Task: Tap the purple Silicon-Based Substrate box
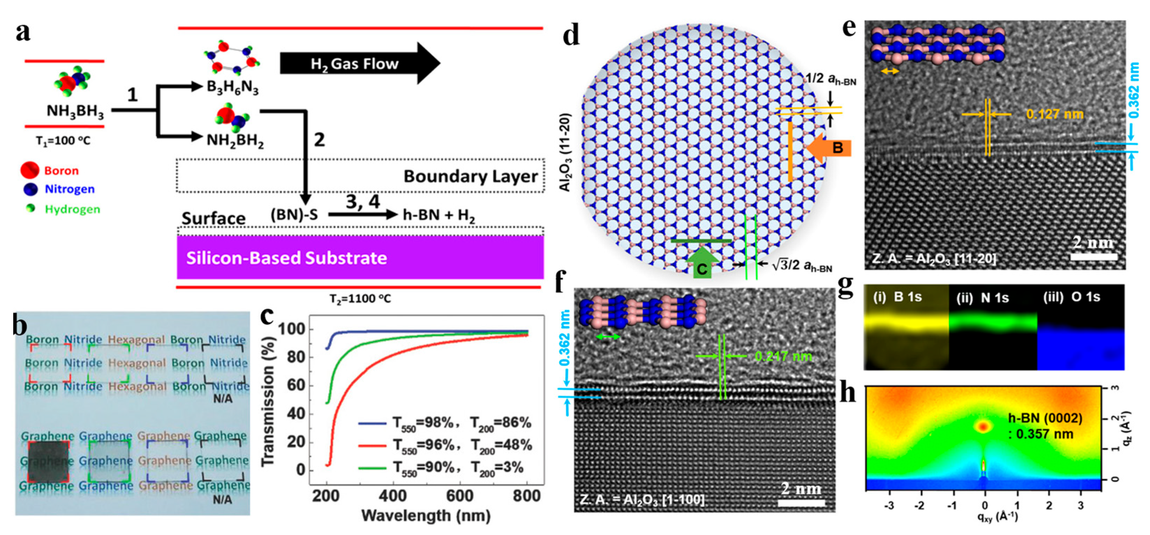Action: click(x=360, y=258)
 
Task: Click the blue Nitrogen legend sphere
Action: click(x=30, y=189)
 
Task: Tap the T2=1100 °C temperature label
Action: click(x=360, y=299)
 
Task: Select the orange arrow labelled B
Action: click(x=830, y=148)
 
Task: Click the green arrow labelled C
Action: click(x=702, y=263)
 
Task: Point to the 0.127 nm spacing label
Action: click(x=1054, y=115)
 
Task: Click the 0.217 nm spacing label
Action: click(x=783, y=356)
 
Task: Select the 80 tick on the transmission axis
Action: click(x=294, y=357)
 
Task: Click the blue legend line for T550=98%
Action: click(x=371, y=423)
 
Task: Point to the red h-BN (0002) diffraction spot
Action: click(x=982, y=427)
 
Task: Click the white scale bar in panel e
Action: click(x=1094, y=257)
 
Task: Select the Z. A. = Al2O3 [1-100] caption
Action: click(x=641, y=499)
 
